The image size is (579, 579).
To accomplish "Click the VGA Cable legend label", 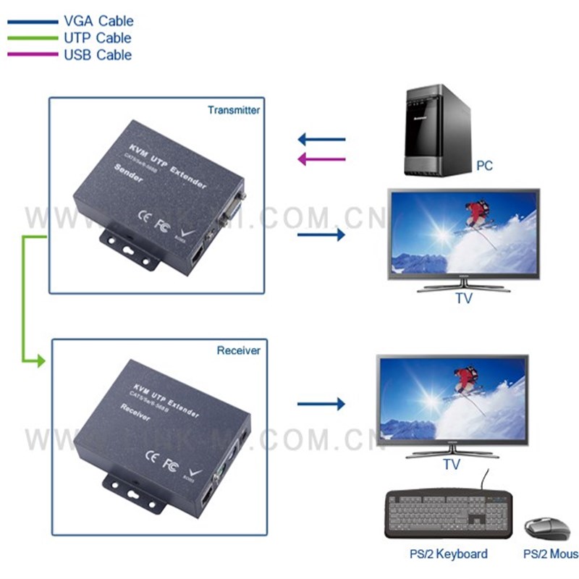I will coord(98,22).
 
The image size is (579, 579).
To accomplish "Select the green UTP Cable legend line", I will coord(33,38).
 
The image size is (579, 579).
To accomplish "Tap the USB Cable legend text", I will coord(98,55).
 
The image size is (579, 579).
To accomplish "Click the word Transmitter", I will coord(233,111).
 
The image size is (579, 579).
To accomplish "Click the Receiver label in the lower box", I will coord(238,350).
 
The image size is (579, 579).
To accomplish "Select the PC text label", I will coord(484,166).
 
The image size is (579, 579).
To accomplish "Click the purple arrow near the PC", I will coord(322,159).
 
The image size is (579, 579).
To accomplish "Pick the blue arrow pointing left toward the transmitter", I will coord(322,138).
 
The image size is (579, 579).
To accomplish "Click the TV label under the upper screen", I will coord(463,298).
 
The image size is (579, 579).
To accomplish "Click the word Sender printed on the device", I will coord(130,172).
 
